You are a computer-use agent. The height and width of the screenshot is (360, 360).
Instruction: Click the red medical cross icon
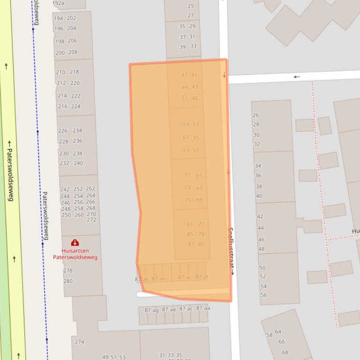tap(74, 243)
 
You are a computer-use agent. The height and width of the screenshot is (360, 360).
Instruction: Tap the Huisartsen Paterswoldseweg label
tap(75, 254)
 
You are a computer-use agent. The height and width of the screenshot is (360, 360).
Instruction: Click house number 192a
tap(58, 3)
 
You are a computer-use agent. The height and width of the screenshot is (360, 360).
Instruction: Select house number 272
tap(91, 220)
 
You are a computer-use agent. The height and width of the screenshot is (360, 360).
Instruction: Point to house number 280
tap(68, 281)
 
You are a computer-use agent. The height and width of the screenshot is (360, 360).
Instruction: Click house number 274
tap(80, 342)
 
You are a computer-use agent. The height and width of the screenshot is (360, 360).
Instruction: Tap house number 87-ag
tap(151, 310)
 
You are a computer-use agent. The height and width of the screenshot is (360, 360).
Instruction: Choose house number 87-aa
tap(203, 308)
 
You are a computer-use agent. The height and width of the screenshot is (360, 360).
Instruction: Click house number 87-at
tap(202, 277)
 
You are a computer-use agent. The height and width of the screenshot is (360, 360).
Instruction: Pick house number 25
tap(191, 6)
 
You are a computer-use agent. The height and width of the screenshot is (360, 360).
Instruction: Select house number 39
tap(183, 47)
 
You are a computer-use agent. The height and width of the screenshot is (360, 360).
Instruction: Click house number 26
tap(256, 115)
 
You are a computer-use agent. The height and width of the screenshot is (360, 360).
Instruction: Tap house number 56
tap(264, 295)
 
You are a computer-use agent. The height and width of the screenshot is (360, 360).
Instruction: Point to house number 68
tap(285, 353)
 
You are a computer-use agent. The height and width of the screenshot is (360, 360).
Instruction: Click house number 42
tap(260, 216)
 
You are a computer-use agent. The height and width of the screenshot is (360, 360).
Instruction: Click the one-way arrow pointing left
tap(296, 77)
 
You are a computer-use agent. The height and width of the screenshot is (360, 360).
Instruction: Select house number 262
tap(90, 188)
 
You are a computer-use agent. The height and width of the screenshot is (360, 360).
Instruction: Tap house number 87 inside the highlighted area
tap(191, 244)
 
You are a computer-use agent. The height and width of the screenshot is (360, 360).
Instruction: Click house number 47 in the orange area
tap(184, 75)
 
